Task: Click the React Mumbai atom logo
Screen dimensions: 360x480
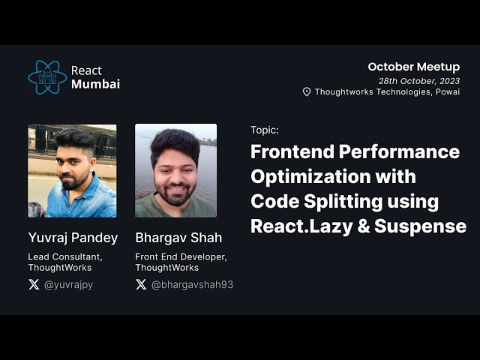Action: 47,77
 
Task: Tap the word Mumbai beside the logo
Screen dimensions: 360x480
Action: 95,84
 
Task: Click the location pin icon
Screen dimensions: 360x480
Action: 307,92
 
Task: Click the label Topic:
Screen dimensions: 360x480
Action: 264,130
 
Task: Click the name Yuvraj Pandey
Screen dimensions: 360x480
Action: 73,238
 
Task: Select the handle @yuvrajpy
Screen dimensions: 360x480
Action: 68,284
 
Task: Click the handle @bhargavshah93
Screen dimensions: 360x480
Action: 192,284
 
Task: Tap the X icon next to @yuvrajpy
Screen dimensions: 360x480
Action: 34,284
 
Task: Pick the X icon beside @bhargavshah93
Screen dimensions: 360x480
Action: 141,284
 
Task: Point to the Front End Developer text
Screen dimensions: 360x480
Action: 181,256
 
